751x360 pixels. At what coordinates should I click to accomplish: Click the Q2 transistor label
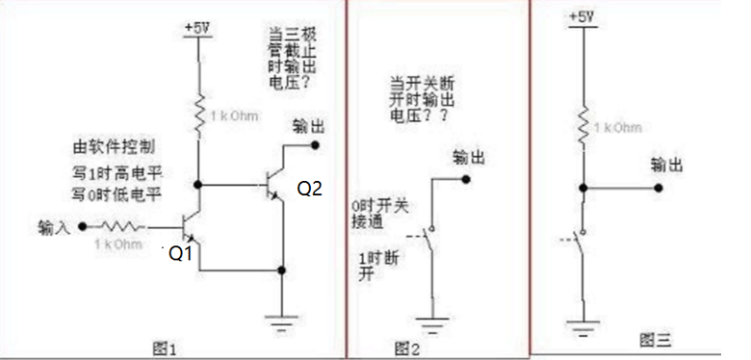[309, 190]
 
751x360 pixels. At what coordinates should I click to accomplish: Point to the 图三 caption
[656, 339]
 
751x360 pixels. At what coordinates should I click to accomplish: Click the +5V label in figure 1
[197, 28]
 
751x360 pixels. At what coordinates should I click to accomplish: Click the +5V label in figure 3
[582, 17]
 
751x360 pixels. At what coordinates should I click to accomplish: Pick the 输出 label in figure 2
[468, 158]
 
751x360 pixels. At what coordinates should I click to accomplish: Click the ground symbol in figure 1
[281, 322]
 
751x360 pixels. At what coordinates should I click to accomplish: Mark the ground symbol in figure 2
[429, 322]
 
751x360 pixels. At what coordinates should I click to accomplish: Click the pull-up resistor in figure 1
[197, 113]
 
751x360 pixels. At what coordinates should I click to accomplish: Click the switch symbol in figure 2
[429, 244]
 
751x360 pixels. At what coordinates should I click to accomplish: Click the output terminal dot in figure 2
[466, 179]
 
